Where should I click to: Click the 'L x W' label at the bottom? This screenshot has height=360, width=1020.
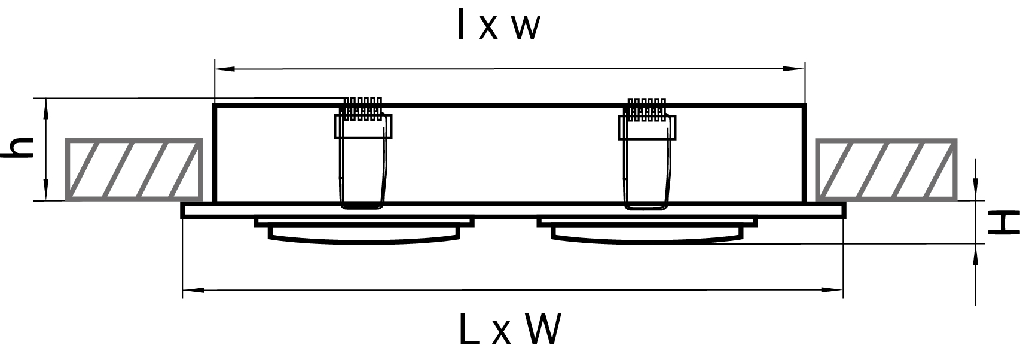[510, 329]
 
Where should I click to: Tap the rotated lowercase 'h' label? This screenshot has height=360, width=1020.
[18, 148]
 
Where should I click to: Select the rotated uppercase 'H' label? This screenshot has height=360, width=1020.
[1003, 222]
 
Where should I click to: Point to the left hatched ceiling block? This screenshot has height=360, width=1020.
[135, 169]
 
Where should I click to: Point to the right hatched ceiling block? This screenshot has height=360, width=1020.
[885, 169]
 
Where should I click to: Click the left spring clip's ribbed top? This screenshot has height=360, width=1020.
[362, 109]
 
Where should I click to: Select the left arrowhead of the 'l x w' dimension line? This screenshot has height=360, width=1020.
[225, 69]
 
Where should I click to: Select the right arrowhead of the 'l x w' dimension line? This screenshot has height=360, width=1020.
[794, 69]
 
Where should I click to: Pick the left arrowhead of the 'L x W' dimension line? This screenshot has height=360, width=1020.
[193, 289]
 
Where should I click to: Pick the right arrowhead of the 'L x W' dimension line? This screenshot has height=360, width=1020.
[832, 289]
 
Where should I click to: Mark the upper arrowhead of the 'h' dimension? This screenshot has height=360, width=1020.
[45, 109]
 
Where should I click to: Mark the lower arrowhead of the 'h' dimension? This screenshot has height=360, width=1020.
[45, 190]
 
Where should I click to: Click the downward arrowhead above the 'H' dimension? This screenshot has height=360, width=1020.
[975, 190]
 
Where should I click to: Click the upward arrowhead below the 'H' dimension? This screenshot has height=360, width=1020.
[975, 254]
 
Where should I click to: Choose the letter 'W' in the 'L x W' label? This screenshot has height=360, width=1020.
[543, 329]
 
